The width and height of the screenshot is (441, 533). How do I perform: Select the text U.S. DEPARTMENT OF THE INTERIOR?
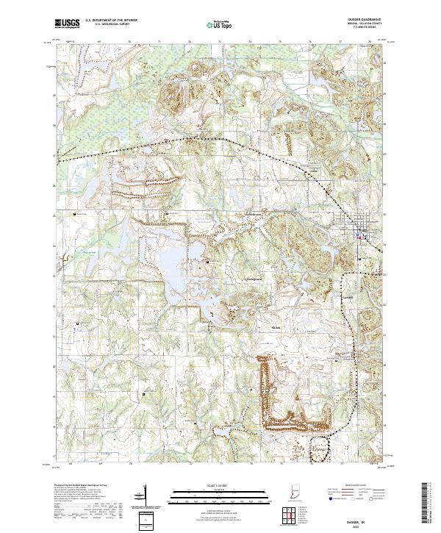[x=111, y=21]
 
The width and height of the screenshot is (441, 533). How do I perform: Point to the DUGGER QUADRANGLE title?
[x=361, y=21]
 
